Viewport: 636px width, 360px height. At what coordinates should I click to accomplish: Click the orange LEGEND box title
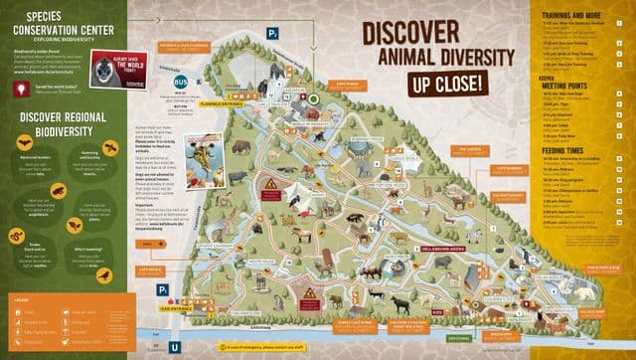click(22, 298)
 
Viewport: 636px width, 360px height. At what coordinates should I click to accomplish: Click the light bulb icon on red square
click(20, 88)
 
